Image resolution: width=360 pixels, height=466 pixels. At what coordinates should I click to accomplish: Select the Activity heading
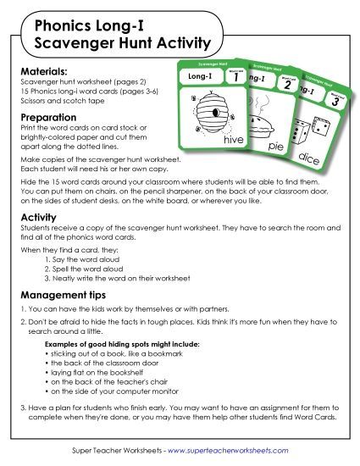[39, 217]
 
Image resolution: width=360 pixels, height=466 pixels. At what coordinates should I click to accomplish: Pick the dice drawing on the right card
[323, 136]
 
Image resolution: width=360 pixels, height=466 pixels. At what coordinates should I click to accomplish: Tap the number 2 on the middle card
[287, 87]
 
